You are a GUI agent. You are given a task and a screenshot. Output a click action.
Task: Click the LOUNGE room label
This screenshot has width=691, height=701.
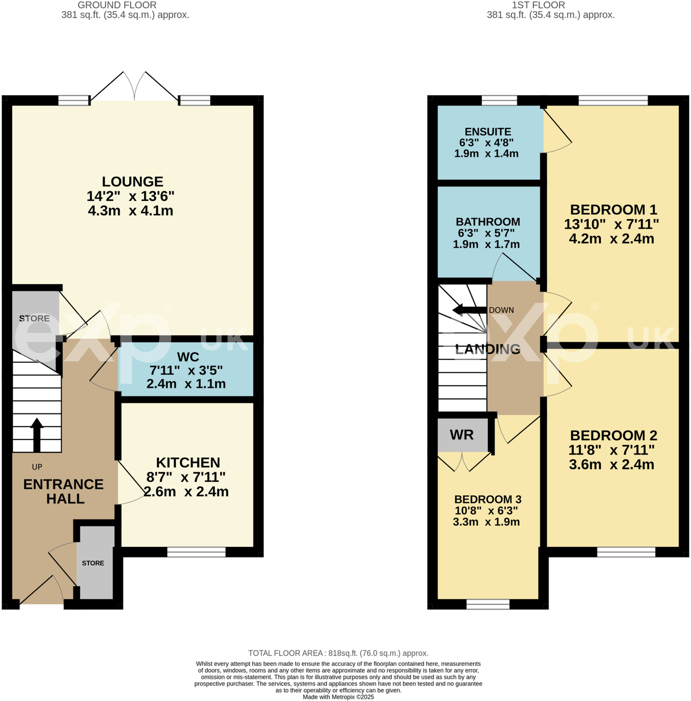point(132,182)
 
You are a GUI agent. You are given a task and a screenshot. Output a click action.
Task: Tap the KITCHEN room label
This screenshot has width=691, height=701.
point(187,462)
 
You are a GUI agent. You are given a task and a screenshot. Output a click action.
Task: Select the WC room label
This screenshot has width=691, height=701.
point(187,357)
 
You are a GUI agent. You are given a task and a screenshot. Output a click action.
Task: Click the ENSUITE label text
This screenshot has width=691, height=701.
point(487,132)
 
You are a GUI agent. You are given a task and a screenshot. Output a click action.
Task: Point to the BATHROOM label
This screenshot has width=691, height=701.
point(487,221)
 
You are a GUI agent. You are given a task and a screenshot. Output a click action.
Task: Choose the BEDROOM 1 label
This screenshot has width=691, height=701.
point(613,210)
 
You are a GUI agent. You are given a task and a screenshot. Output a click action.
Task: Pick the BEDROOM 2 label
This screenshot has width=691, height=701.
point(613,436)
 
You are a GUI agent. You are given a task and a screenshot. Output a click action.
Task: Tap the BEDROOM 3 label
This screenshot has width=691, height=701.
point(487,499)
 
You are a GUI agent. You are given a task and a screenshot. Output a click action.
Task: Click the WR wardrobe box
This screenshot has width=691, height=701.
point(462,435)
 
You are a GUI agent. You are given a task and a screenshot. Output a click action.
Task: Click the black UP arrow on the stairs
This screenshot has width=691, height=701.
point(37,435)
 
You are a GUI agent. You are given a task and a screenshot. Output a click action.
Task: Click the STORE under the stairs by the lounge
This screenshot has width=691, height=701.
point(34,318)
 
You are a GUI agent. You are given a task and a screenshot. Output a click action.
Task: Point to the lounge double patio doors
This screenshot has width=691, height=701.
point(134,89)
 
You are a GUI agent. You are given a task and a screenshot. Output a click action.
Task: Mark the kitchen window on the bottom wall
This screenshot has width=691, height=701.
point(196,552)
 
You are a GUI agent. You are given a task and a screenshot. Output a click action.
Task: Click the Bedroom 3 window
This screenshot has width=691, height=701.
point(487,605)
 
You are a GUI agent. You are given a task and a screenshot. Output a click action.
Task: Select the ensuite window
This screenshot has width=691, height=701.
point(499,101)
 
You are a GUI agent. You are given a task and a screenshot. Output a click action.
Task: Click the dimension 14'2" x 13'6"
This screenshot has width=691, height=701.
point(131,196)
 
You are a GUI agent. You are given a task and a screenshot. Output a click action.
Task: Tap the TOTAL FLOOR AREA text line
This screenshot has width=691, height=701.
point(338,653)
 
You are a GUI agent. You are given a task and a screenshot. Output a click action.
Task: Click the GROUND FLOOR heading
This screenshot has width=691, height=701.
point(117,5)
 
